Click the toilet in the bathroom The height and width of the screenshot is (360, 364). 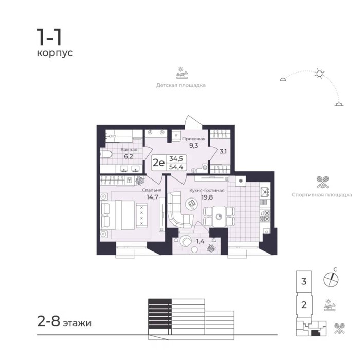[106, 154]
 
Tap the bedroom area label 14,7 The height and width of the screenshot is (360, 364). [152, 197]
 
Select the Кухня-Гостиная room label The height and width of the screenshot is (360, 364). [207, 190]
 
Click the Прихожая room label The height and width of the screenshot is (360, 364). [194, 139]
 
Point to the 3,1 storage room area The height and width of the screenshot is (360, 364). [223, 151]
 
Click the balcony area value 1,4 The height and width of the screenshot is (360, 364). [200, 241]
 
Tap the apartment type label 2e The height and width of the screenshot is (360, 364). [158, 163]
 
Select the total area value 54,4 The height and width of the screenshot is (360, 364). [176, 167]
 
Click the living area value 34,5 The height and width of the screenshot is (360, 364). [176, 159]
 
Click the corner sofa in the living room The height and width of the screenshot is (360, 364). [178, 210]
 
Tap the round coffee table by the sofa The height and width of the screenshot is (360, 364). [192, 204]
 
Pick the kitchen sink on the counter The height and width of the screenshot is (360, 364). [265, 192]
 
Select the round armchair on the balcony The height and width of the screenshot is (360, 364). [186, 241]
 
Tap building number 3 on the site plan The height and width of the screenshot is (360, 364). [304, 281]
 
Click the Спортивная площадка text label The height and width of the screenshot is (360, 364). [322, 195]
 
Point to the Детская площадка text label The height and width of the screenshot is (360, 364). [181, 85]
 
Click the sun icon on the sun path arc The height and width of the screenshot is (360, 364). [319, 74]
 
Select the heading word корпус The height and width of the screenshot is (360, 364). [55, 53]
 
